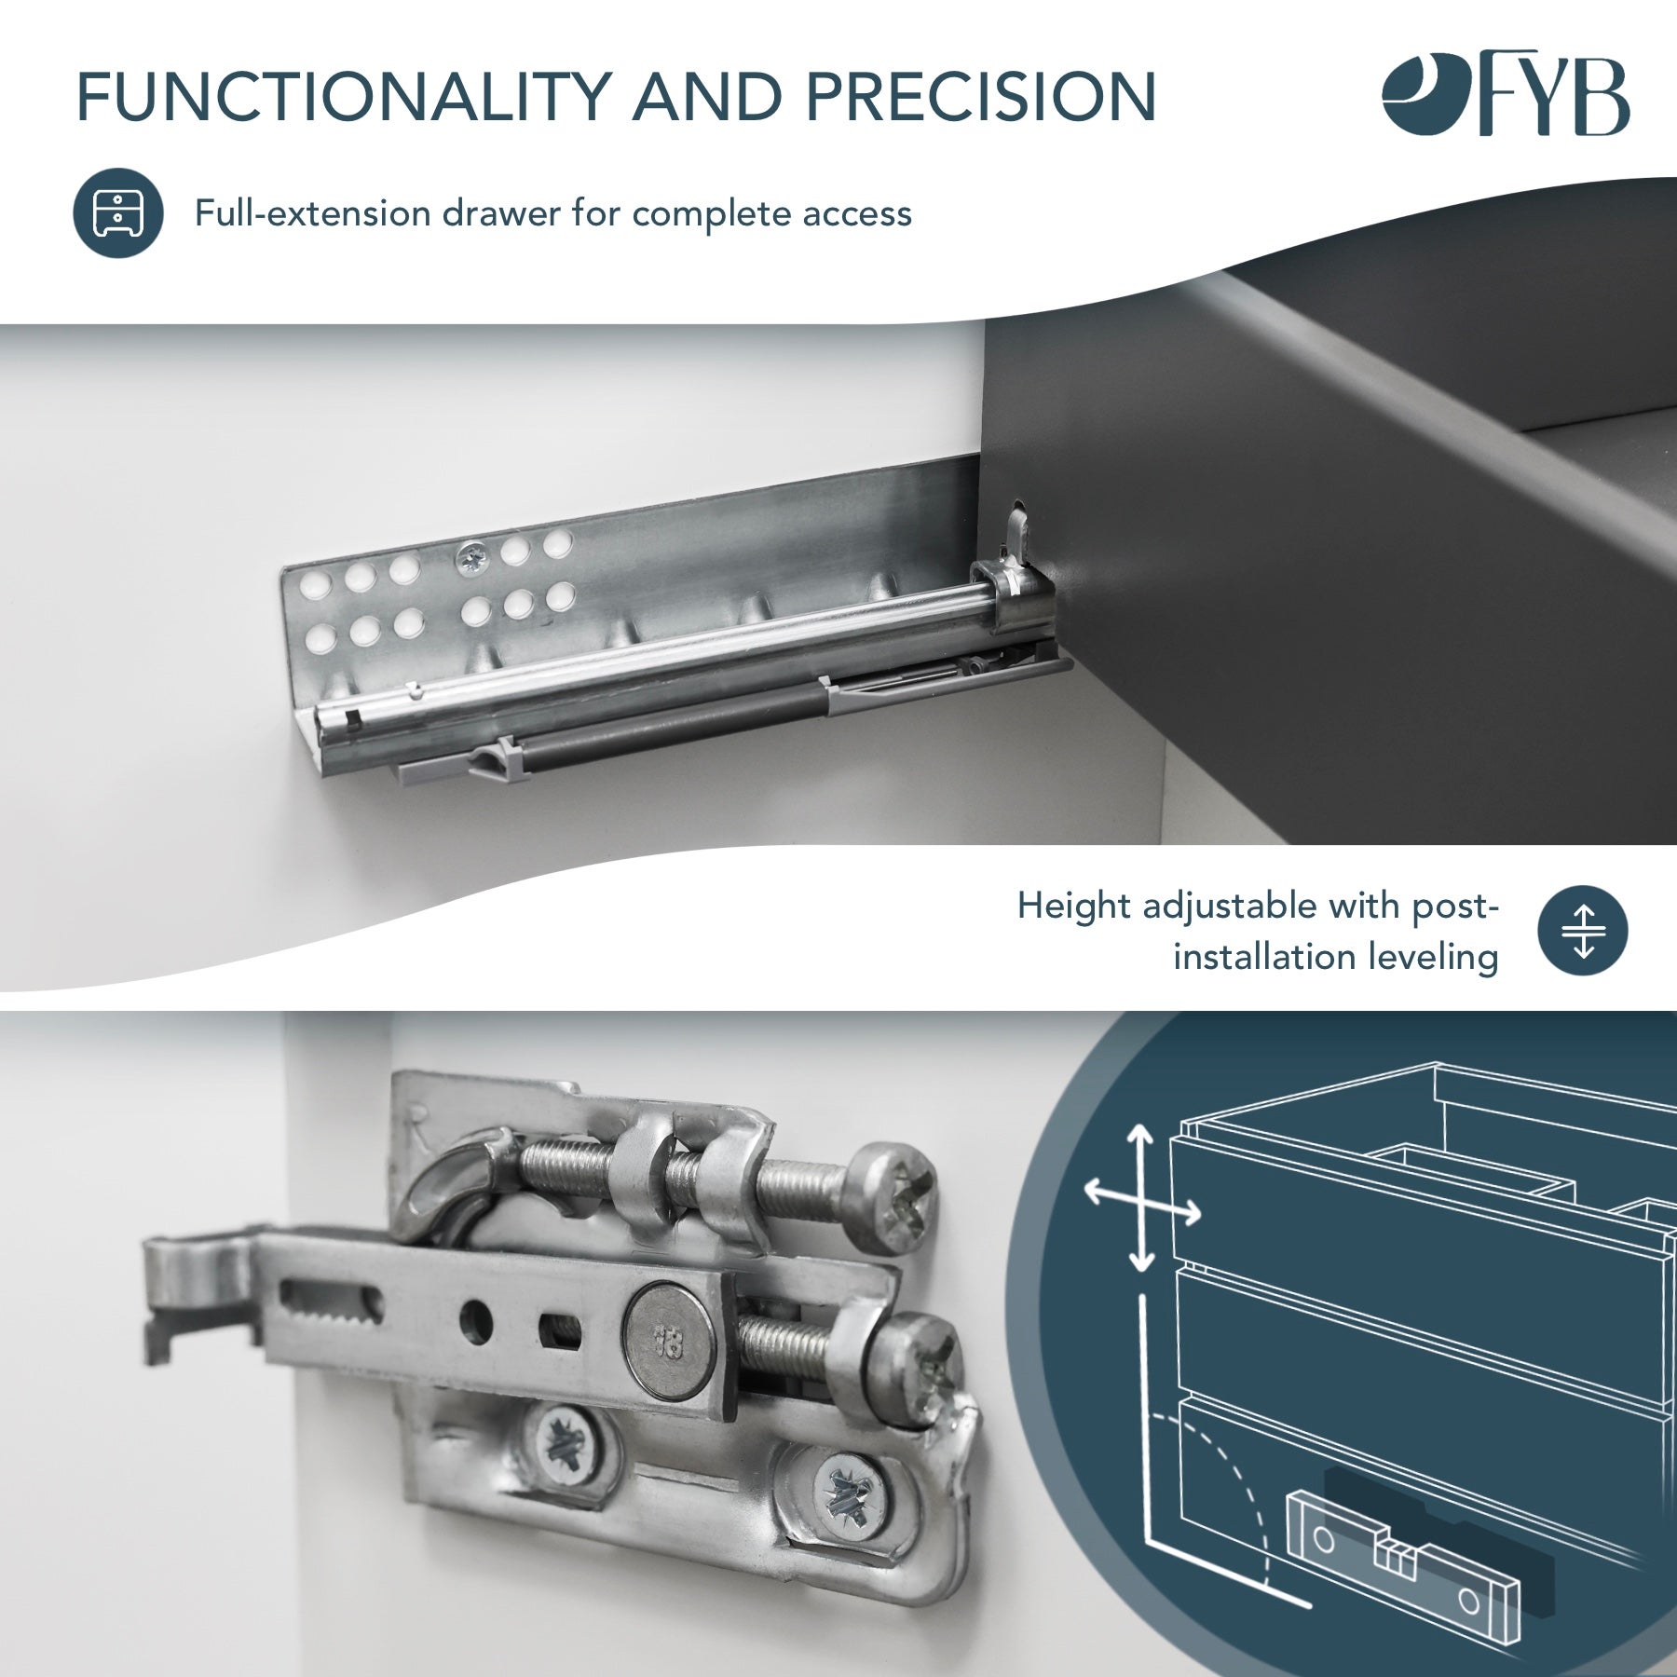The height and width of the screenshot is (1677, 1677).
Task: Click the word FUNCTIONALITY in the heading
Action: tap(343, 96)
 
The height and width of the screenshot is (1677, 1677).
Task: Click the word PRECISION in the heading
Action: tap(980, 96)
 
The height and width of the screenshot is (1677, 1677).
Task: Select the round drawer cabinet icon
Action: tap(118, 213)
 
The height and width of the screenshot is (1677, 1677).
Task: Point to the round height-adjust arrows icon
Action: tap(1582, 931)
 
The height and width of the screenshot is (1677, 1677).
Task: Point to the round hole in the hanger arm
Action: tap(476, 1320)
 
